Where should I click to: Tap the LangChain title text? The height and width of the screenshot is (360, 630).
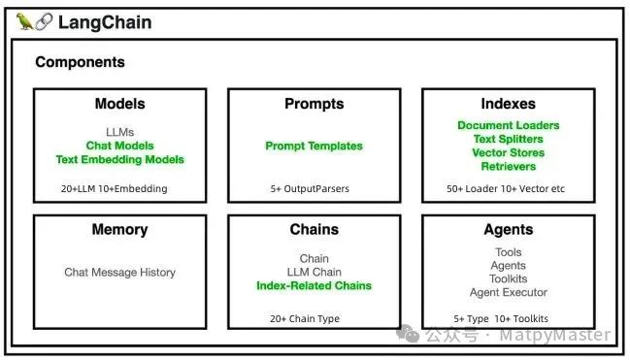coord(105,22)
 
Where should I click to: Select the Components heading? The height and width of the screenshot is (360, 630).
coord(80,62)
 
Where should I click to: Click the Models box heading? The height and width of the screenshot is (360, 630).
coord(119,104)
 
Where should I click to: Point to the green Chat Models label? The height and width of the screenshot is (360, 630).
coord(119,146)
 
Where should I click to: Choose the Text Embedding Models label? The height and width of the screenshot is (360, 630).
coord(119,159)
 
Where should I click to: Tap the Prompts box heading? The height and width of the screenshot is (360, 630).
coord(314,104)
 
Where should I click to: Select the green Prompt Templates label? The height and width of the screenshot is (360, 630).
coord(314,147)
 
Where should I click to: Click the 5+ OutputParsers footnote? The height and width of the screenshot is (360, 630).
coord(309,188)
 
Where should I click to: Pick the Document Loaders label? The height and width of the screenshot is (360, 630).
coord(508,125)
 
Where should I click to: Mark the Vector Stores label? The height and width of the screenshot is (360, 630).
coord(508,152)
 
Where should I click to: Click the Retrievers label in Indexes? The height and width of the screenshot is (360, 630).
coord(508,166)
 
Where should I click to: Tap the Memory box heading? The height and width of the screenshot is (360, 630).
coord(119,230)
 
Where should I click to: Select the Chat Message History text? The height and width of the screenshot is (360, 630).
coord(119,273)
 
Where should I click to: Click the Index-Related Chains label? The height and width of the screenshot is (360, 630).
coord(314,286)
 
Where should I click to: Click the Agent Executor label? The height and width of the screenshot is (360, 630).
coord(508,292)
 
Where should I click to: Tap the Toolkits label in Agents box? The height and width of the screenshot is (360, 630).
coord(508,278)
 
